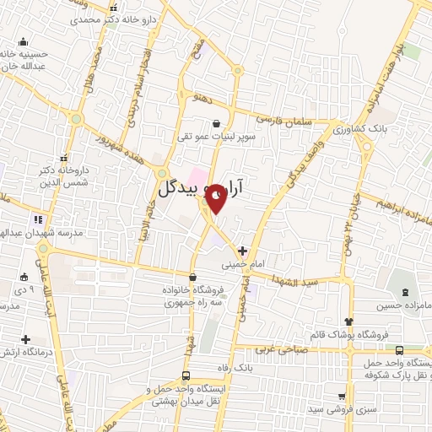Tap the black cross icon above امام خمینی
point(242,250)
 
